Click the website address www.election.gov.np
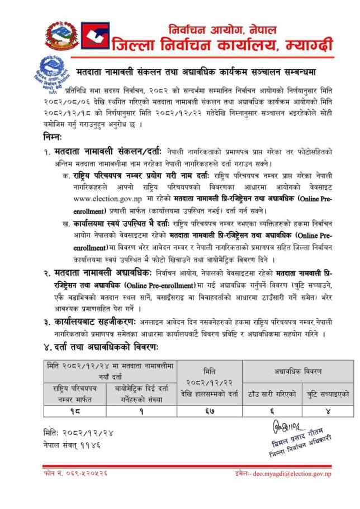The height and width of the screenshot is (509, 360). click(x=105, y=197)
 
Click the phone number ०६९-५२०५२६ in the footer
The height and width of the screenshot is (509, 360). click(x=75, y=474)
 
